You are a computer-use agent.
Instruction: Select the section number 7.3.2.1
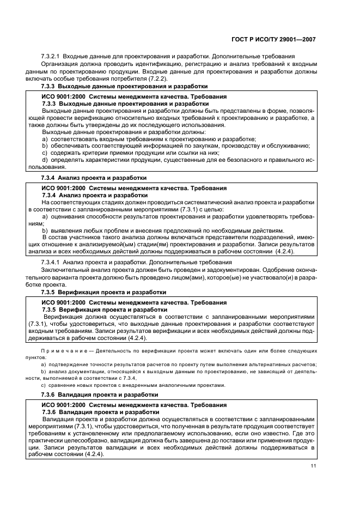[51, 57]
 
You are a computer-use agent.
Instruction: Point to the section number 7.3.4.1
[51, 262]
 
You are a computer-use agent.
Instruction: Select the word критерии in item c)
[88, 153]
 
